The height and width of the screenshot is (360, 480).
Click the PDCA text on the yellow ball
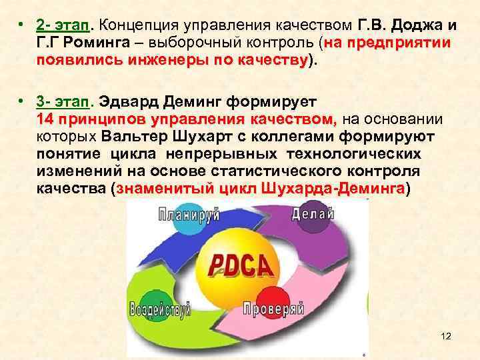pos(241,266)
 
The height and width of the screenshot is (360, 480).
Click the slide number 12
pos(446,336)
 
